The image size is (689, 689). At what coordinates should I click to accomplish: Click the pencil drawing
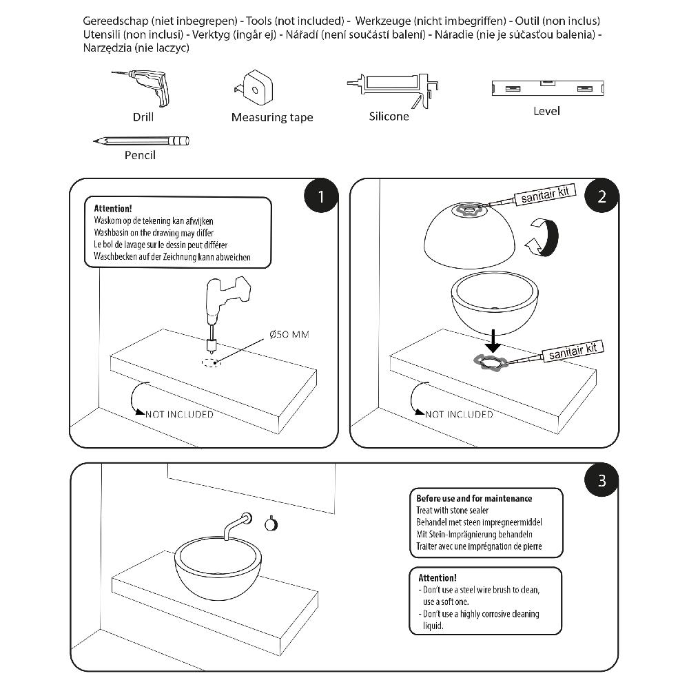pyautogui.click(x=141, y=141)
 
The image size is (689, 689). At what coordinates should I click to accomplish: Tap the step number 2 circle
pyautogui.click(x=601, y=196)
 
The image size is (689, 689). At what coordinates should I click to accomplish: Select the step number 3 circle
pyautogui.click(x=601, y=480)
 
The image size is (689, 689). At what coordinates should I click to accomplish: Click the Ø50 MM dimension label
pyautogui.click(x=289, y=335)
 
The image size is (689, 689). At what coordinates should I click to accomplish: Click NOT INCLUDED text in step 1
pyautogui.click(x=179, y=414)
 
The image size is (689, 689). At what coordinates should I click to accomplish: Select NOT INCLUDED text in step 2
pyautogui.click(x=459, y=414)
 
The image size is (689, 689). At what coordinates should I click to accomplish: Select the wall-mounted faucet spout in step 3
pyautogui.click(x=234, y=524)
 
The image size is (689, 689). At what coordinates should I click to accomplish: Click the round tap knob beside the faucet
pyautogui.click(x=271, y=524)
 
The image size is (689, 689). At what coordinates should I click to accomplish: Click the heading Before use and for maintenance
pyautogui.click(x=473, y=498)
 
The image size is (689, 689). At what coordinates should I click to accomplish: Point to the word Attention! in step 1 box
pyautogui.click(x=112, y=208)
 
